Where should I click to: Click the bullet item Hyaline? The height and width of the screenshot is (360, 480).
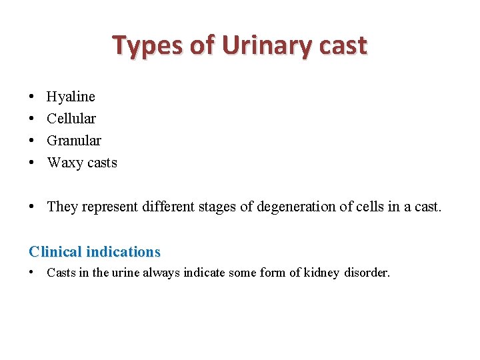point(71,97)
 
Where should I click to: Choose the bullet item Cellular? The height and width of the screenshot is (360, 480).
point(71,119)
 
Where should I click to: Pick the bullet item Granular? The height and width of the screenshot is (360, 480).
point(74,141)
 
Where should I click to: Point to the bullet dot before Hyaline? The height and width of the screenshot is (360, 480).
point(33,97)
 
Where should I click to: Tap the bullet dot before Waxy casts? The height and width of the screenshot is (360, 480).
point(33,163)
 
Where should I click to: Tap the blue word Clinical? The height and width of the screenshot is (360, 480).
point(55,252)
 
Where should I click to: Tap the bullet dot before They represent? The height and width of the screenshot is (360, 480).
point(33,207)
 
